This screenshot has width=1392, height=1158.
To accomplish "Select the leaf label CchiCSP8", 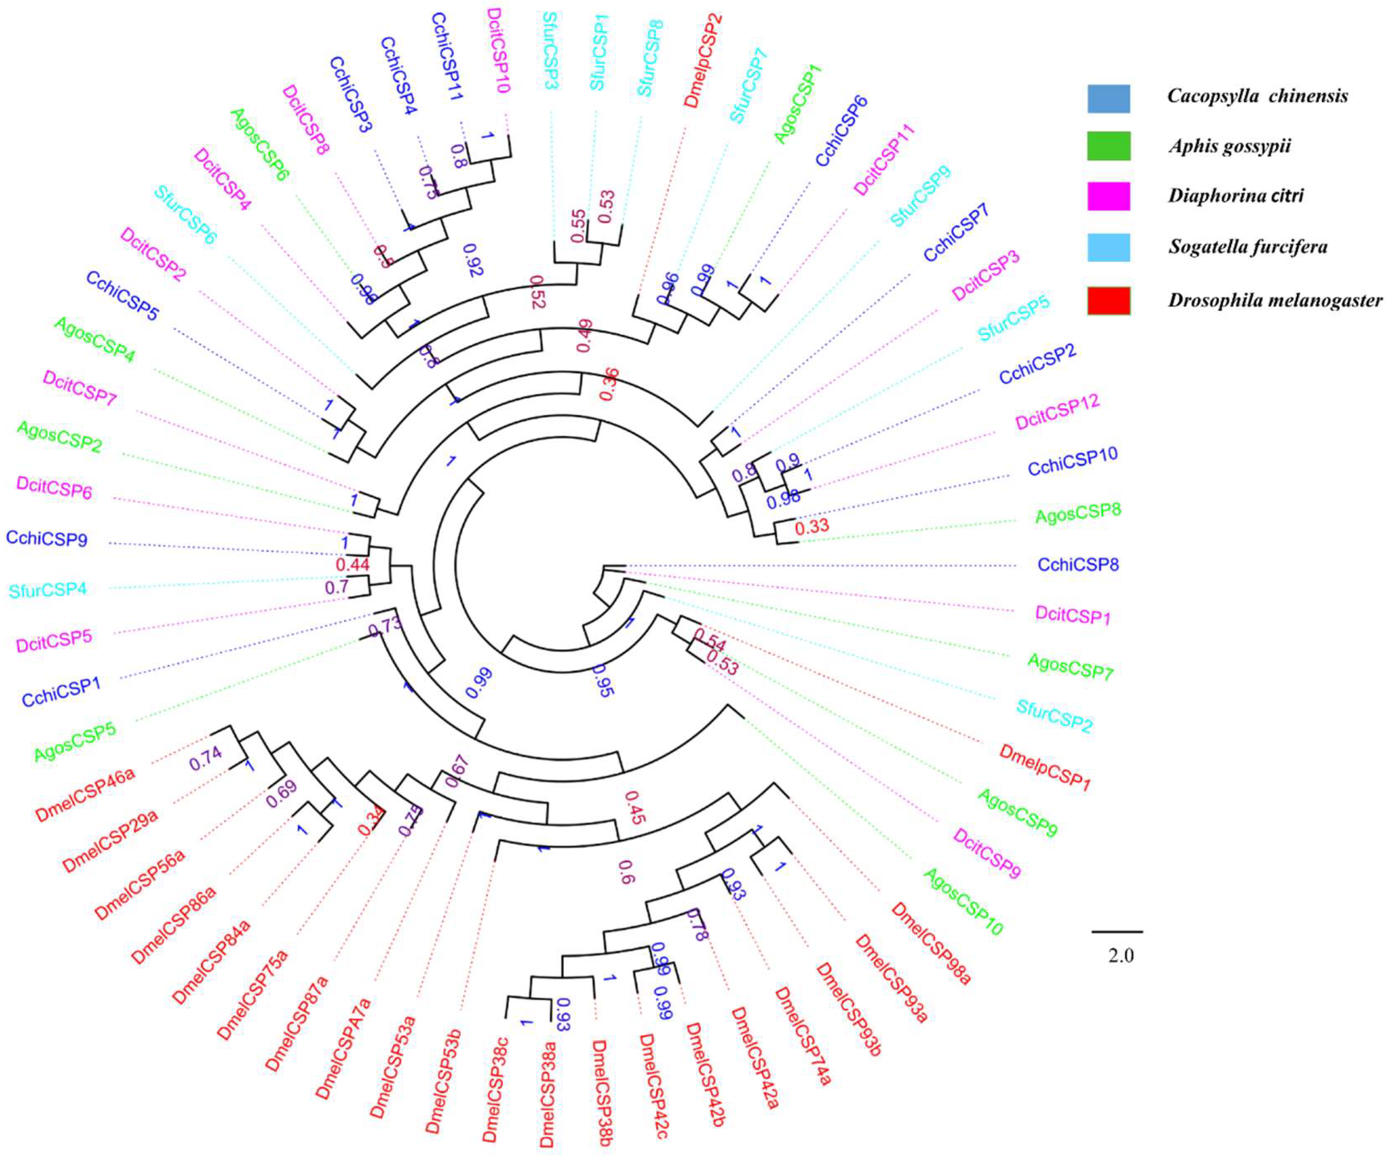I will pyautogui.click(x=1078, y=565).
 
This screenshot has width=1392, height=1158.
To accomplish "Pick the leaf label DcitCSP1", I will pyautogui.click(x=1072, y=614).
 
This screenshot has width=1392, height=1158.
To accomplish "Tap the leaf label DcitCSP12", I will pyautogui.click(x=1057, y=411).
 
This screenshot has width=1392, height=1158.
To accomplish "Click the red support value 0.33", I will pyautogui.click(x=812, y=527).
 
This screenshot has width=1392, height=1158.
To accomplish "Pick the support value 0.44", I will pyautogui.click(x=352, y=565).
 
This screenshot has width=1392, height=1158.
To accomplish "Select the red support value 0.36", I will pyautogui.click(x=609, y=384).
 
